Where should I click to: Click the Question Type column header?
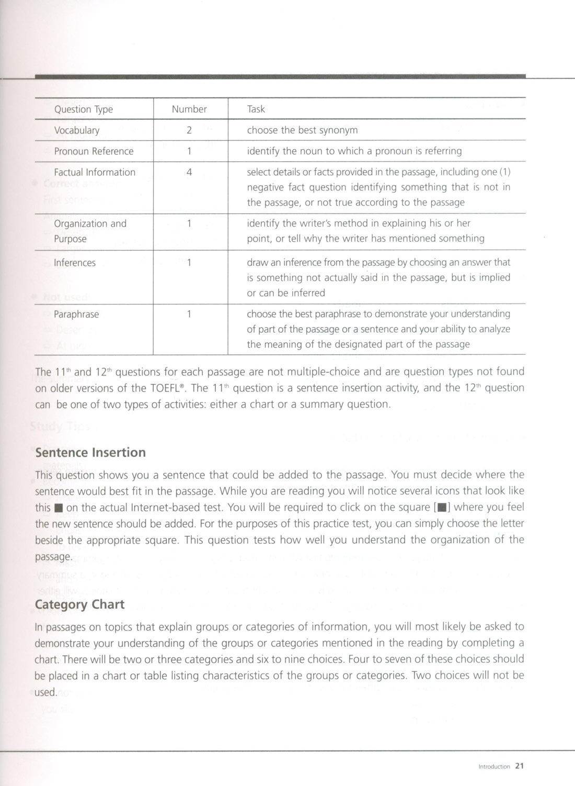[x=83, y=109]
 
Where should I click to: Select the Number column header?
[x=189, y=109]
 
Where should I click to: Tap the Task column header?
[x=256, y=109]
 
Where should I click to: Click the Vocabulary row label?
[x=77, y=130]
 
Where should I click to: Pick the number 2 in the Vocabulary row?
[x=189, y=130]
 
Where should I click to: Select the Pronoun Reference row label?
[x=94, y=151]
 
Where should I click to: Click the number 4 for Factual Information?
[x=189, y=172]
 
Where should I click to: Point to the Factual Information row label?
[x=95, y=172]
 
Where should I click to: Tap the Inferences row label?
[x=75, y=263]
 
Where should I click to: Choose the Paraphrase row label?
[x=76, y=315]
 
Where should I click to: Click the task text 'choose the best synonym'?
[x=302, y=130]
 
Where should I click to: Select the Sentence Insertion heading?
[x=90, y=453]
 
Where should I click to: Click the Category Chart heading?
[x=79, y=604]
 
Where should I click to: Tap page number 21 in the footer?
[x=519, y=766]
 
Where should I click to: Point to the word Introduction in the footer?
[x=494, y=767]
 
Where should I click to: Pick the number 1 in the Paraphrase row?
[x=189, y=315]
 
